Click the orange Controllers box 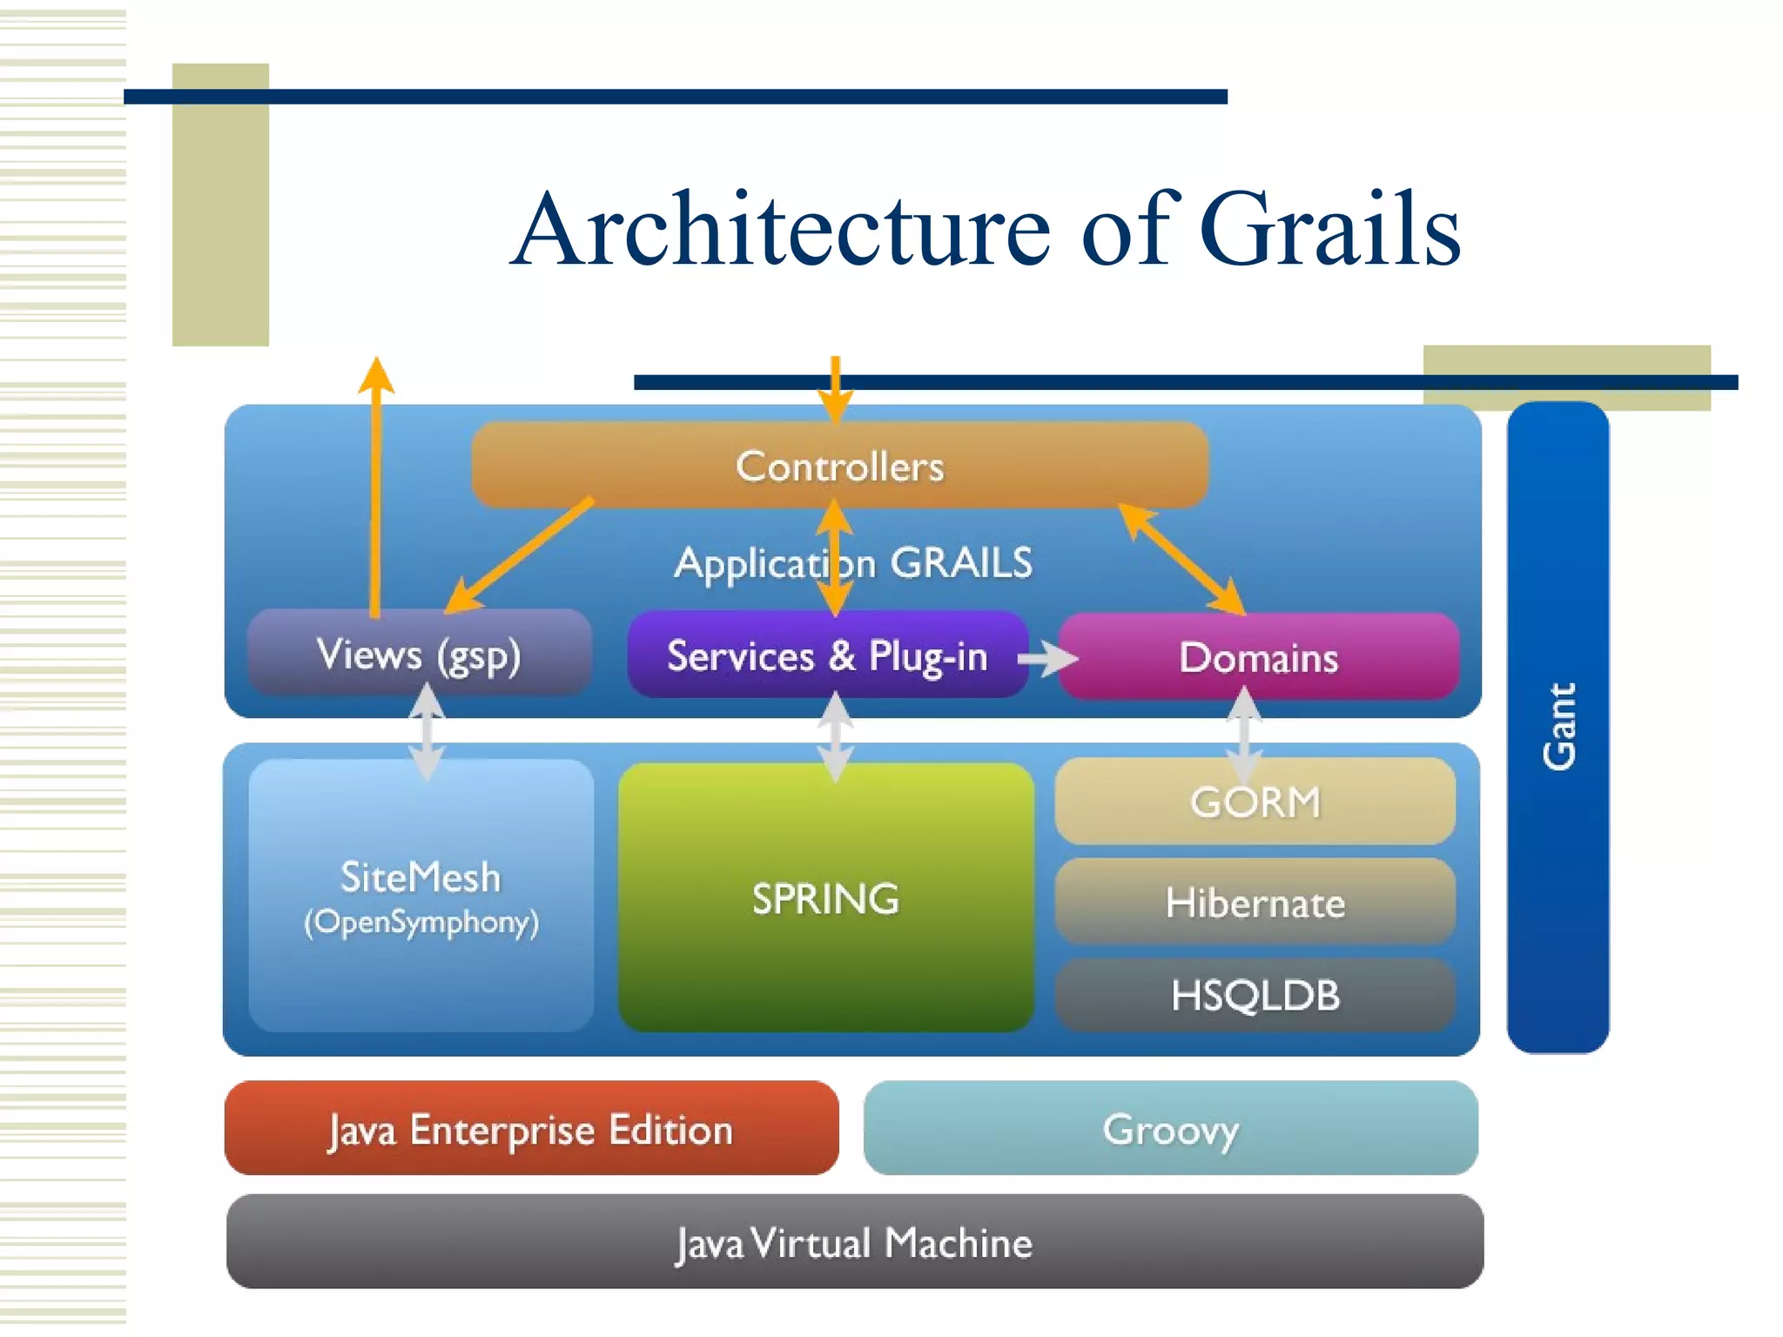click(x=839, y=465)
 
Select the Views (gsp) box click(x=419, y=654)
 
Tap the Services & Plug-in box click(x=827, y=655)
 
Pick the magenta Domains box click(x=1258, y=657)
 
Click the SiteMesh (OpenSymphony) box click(x=421, y=897)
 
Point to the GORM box click(x=1255, y=802)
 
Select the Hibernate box click(x=1255, y=903)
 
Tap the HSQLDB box click(x=1255, y=995)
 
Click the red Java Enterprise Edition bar click(x=531, y=1129)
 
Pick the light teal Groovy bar click(x=1170, y=1129)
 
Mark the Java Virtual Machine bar click(x=855, y=1242)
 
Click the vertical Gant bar click(x=1558, y=727)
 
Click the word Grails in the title click(x=1329, y=229)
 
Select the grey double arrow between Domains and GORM click(x=1244, y=734)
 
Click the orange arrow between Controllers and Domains click(x=1182, y=560)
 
